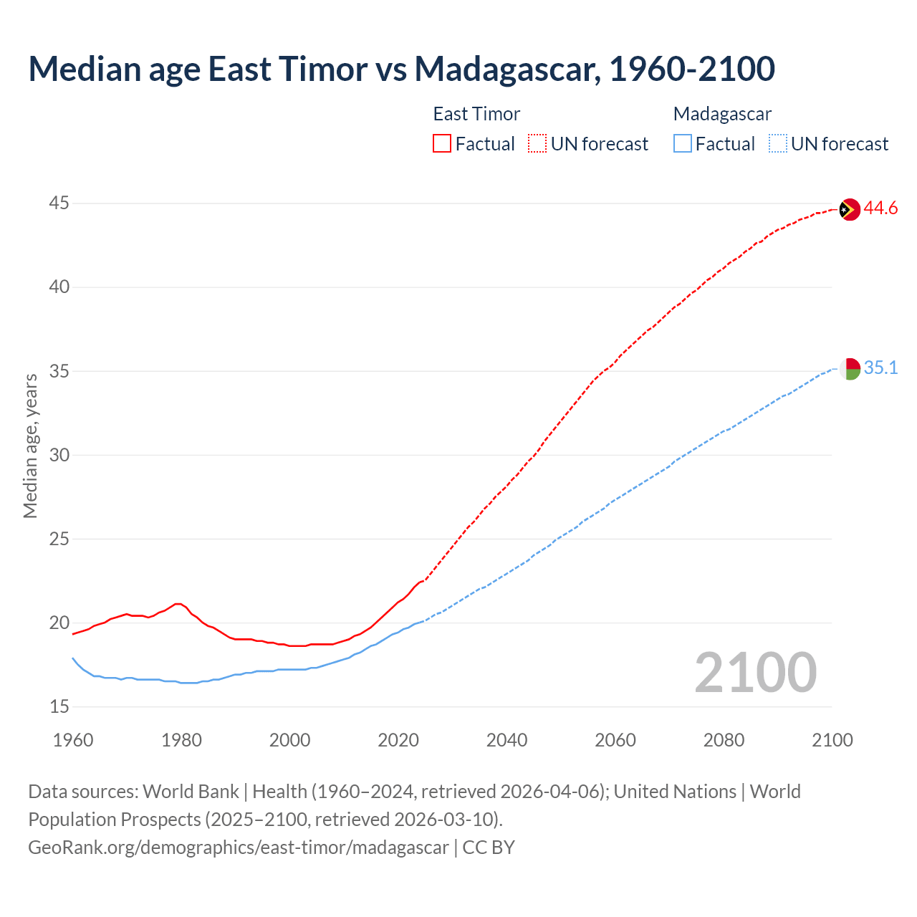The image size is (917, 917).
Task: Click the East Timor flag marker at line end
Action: [849, 209]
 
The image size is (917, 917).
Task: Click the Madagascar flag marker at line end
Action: [849, 369]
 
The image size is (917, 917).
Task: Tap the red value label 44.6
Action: [880, 208]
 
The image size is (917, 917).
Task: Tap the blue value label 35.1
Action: [880, 368]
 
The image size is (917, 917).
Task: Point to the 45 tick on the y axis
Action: [59, 203]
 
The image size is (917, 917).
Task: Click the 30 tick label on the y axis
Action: [59, 455]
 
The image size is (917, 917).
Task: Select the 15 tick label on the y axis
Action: [59, 707]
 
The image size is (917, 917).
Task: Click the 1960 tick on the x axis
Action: [73, 740]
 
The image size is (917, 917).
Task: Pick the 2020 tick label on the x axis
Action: [398, 740]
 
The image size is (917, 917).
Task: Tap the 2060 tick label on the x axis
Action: [615, 740]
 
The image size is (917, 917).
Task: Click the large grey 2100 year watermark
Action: [755, 672]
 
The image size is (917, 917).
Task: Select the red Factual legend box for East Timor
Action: [442, 144]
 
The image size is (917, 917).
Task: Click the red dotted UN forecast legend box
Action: [537, 144]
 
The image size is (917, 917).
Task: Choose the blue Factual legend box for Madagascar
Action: [683, 144]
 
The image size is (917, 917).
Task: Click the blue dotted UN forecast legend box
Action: [777, 144]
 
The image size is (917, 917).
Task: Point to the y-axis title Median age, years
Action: [30, 446]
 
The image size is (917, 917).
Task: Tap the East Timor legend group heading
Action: [476, 114]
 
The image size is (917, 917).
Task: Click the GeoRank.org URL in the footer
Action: [239, 848]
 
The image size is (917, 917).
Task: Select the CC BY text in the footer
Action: [489, 848]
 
